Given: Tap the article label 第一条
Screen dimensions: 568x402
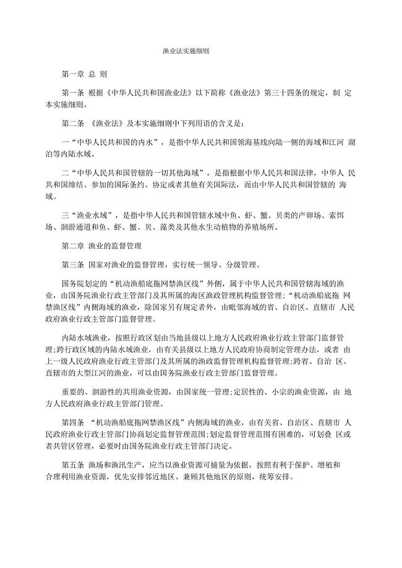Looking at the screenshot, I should click(73, 93).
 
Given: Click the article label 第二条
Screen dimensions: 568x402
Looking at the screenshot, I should click(73, 123).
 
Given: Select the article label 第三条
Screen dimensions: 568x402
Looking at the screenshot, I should click(73, 265).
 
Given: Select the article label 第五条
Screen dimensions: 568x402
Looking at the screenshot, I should click(73, 466).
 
